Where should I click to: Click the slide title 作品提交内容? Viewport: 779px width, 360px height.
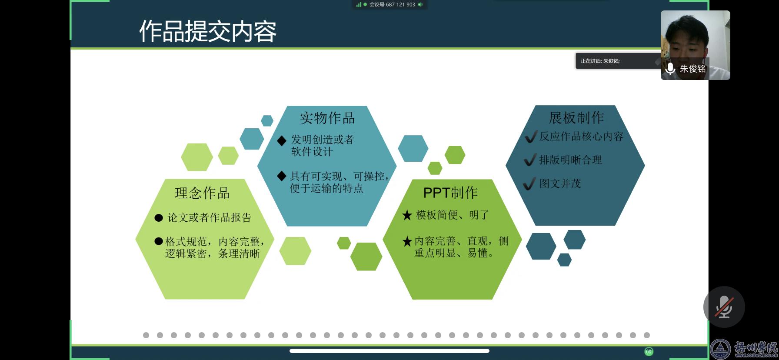208,31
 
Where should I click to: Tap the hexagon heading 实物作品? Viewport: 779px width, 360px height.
327,118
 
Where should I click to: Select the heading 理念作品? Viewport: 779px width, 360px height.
202,193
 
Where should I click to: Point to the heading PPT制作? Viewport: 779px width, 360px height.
451,193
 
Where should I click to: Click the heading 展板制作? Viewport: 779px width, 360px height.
576,117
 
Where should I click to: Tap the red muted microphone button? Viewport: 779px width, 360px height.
724,307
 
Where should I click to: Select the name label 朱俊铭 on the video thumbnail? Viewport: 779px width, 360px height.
693,69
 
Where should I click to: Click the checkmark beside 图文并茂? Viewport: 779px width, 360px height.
529,184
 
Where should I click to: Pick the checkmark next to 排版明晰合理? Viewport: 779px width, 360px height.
529,160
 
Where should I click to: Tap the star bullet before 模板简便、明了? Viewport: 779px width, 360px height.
407,215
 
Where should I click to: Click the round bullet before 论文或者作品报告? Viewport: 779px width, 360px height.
159,218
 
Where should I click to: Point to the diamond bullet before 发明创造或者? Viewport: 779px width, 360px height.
282,140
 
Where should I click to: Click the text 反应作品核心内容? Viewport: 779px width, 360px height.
581,137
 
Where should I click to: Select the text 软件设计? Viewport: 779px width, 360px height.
312,152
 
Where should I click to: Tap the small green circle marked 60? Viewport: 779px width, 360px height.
649,351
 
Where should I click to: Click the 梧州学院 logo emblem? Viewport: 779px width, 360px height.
721,350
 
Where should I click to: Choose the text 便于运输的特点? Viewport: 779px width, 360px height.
326,188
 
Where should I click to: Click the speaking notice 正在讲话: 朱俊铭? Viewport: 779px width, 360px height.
600,61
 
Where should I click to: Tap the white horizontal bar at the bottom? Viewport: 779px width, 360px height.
389,351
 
